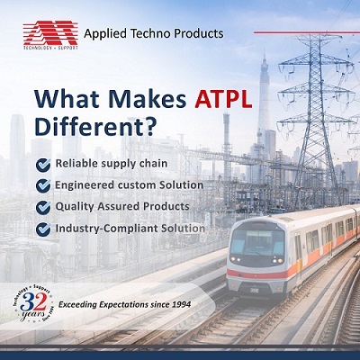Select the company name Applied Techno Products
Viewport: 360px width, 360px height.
[153, 34]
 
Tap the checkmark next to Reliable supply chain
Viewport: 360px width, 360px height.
[43, 164]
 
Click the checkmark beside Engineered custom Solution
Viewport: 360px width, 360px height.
[43, 185]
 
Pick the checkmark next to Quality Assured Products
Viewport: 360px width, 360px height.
[43, 207]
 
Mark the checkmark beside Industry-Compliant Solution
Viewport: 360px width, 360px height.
[43, 229]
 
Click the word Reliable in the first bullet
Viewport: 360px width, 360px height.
[78, 164]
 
